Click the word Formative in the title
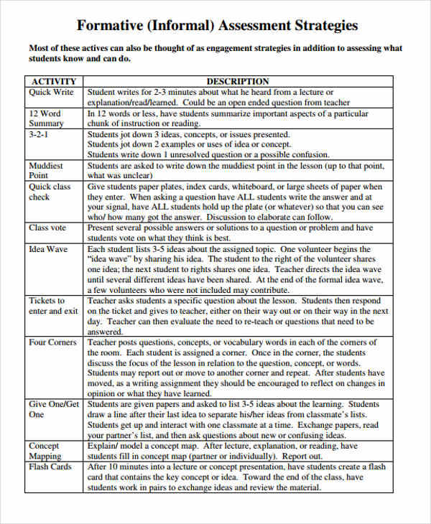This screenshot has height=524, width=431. point(111,26)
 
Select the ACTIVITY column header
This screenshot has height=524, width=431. point(54,82)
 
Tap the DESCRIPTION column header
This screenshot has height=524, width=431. point(238,82)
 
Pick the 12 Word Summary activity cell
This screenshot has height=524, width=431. point(46,118)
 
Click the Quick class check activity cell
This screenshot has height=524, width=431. point(50,192)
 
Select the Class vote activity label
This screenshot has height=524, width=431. point(48,228)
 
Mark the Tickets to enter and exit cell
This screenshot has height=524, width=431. point(53,306)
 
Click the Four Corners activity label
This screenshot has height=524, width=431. point(52,342)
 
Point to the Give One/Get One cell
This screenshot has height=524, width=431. point(54,409)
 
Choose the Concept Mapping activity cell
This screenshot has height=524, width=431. point(45,451)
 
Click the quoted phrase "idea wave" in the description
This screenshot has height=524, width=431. point(110,260)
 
